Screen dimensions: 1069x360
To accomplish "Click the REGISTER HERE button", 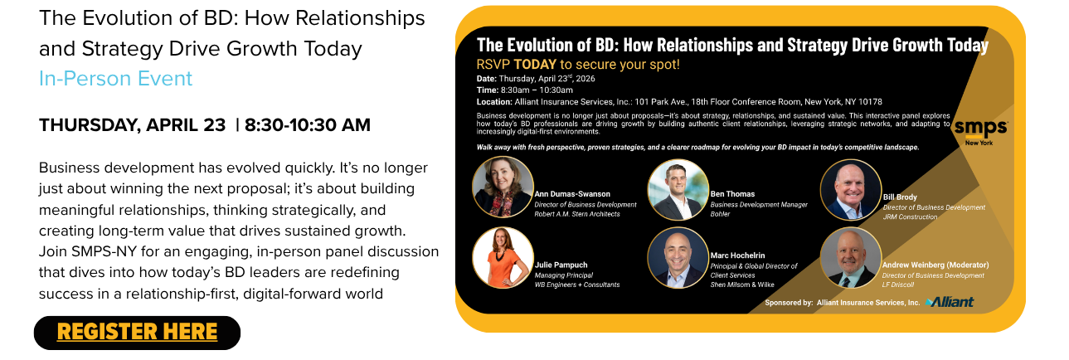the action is (x=137, y=333).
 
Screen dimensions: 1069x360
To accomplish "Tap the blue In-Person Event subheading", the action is (x=115, y=78).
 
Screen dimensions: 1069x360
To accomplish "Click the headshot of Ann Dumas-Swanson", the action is (x=503, y=187).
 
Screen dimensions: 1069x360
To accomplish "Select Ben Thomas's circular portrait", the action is (x=678, y=190).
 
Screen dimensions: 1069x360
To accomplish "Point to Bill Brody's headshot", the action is (x=851, y=190).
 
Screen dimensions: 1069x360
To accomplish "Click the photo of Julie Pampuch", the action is (x=503, y=258).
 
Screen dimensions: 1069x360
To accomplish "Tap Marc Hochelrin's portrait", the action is (x=678, y=258).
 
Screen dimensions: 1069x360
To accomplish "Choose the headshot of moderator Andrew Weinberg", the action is (x=851, y=258).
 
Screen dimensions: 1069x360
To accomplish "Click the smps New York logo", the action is (x=981, y=132).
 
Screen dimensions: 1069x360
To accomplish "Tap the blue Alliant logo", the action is (x=950, y=302).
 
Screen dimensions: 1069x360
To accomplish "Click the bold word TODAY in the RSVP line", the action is (x=535, y=65).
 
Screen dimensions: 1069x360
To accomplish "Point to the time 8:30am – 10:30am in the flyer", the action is (x=537, y=90).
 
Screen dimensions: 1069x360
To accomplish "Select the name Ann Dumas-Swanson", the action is (x=572, y=194).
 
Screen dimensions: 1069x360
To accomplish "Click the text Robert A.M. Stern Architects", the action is (x=577, y=214).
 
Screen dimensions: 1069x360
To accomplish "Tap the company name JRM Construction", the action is (x=910, y=216).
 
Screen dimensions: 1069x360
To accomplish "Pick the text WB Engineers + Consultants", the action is (x=577, y=285).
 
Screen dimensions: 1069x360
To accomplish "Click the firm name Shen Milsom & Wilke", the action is (x=742, y=285).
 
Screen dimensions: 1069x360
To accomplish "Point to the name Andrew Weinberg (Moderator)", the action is (x=935, y=265).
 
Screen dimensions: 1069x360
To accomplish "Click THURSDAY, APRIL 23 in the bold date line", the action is (x=132, y=125).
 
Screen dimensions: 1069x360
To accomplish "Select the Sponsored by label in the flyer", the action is (x=789, y=303).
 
